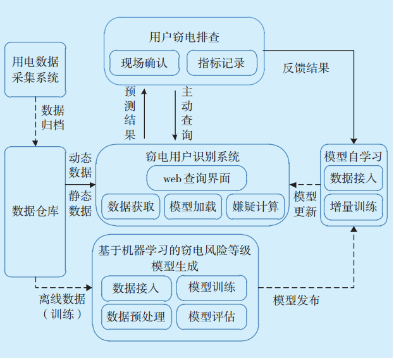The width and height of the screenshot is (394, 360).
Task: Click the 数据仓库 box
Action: point(35,211)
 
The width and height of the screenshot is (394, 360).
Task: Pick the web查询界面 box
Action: point(197,178)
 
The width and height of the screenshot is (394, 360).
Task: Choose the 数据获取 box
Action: point(131,207)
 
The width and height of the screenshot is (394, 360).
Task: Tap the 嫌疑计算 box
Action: point(255,207)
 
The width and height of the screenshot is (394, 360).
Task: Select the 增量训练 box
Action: point(354,207)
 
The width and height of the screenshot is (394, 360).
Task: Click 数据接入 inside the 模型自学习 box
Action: point(354,178)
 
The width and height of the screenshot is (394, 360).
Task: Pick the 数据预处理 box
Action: point(135,316)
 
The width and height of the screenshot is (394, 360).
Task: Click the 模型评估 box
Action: point(211,316)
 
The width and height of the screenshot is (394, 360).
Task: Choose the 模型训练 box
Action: point(211,288)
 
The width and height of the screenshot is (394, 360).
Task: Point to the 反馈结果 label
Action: point(305,68)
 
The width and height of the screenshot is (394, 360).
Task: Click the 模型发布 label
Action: point(296,301)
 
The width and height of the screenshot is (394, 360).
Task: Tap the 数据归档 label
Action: point(53,118)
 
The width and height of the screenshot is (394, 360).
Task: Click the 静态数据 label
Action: point(80,204)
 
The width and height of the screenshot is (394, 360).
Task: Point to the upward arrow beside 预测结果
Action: point(144,115)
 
